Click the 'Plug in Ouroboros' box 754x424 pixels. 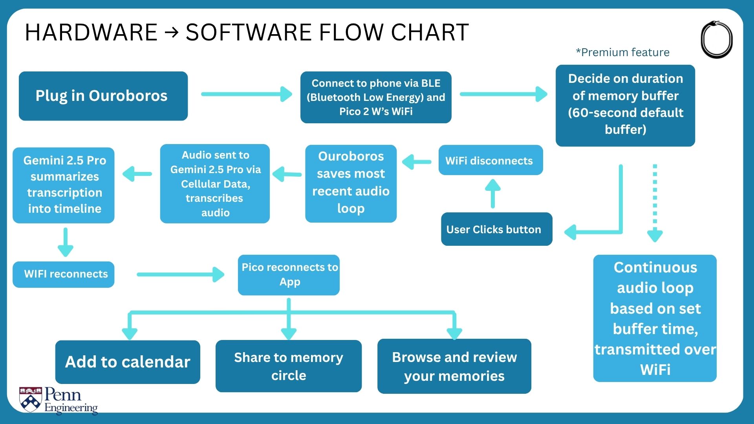tap(103, 96)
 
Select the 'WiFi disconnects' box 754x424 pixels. tap(490, 160)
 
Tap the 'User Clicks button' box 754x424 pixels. tap(496, 229)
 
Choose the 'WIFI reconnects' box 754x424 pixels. tap(64, 274)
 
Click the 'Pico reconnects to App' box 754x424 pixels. tap(289, 275)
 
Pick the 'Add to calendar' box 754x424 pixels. tap(128, 362)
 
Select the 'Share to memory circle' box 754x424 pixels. tap(289, 366)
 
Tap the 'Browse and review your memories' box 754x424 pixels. tap(454, 366)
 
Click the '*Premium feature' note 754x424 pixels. tap(623, 52)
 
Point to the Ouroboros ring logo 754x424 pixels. tap(717, 40)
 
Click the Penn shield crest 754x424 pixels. tap(31, 399)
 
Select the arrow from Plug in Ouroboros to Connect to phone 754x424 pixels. tap(247, 94)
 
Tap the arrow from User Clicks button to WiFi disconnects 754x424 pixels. tap(493, 194)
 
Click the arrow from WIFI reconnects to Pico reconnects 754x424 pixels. tap(181, 274)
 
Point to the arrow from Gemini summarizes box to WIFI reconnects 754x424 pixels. tap(66, 242)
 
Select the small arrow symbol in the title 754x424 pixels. tap(172, 33)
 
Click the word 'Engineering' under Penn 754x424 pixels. tap(71, 408)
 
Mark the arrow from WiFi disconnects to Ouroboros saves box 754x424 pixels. tap(417, 162)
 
